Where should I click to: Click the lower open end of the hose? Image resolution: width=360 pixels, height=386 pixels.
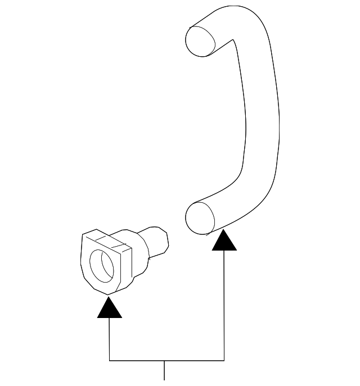click(200, 217)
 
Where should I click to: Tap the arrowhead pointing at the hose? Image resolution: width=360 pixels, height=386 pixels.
click(224, 240)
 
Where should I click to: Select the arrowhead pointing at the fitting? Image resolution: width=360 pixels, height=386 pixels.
click(109, 308)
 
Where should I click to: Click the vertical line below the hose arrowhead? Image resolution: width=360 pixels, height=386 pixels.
click(224, 303)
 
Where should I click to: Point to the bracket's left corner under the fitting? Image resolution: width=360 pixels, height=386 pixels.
click(109, 360)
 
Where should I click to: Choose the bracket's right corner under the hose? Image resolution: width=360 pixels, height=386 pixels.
click(224, 360)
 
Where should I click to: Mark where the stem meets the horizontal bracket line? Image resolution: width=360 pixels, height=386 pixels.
click(164, 360)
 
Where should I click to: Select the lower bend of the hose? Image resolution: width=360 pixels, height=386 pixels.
click(247, 197)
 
